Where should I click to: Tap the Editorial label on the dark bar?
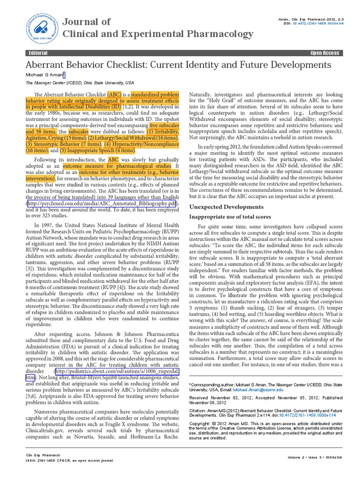(x=38, y=53)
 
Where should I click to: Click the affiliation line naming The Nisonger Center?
(x=79, y=83)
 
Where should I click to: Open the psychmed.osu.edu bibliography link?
(x=102, y=203)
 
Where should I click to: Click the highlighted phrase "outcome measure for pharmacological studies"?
(x=118, y=166)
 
